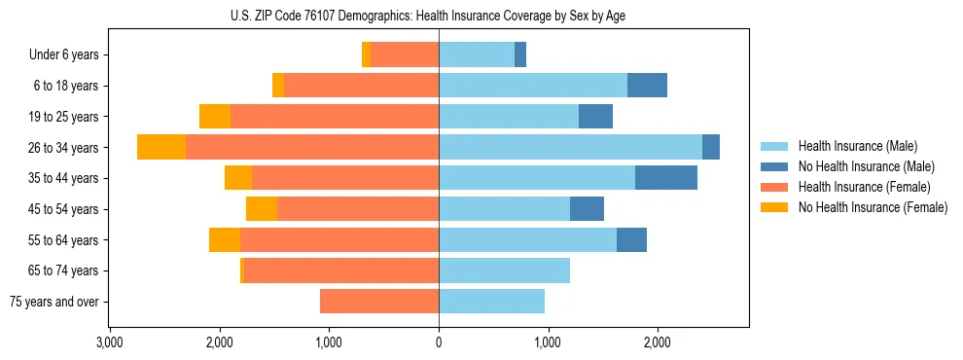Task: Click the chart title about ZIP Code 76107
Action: tap(438, 15)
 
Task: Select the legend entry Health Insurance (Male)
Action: tap(857, 146)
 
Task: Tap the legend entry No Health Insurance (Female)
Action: tap(873, 207)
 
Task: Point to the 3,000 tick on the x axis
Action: tap(110, 342)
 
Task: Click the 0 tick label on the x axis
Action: tap(439, 342)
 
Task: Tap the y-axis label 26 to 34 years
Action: tap(65, 148)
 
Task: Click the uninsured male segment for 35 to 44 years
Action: tap(666, 178)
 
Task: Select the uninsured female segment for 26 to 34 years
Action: tap(161, 147)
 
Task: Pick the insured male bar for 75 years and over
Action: tap(491, 302)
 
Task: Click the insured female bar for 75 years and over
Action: tap(379, 302)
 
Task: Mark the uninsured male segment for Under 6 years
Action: tap(520, 55)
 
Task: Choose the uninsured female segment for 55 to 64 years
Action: tap(225, 240)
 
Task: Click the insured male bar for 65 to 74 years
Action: tap(504, 270)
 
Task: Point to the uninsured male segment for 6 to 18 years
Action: tap(647, 86)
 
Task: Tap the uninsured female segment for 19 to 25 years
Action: tap(215, 117)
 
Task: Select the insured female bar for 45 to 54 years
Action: tap(358, 209)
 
